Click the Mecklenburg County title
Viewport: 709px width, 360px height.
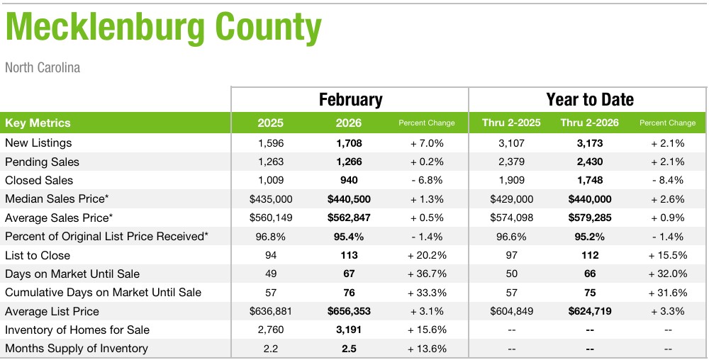[163, 28]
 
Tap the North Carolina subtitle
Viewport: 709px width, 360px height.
[43, 68]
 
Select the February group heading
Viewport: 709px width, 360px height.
[350, 100]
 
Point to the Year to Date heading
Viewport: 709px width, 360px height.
[590, 100]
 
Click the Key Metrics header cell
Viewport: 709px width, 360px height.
[38, 123]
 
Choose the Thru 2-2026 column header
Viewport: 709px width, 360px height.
[589, 123]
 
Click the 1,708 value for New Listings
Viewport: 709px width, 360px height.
[348, 143]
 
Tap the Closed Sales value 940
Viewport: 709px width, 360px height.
[348, 181]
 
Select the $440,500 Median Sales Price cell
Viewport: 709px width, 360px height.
[348, 199]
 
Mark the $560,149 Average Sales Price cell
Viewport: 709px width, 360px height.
[270, 218]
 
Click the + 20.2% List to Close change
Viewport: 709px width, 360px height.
[426, 255]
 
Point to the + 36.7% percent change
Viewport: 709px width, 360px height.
[426, 274]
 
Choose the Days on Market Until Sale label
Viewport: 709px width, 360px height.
[72, 274]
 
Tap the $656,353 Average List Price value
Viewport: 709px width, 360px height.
[348, 311]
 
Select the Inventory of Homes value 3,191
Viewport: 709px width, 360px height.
[348, 330]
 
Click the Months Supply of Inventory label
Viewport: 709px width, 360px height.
[77, 349]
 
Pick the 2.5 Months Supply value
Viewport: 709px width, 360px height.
[348, 349]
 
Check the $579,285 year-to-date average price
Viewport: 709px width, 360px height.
[589, 218]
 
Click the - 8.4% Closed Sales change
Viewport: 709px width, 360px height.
[667, 181]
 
